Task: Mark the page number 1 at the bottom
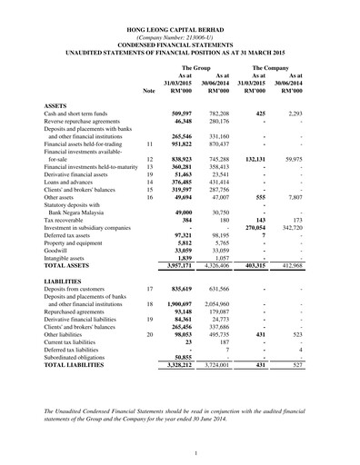180,452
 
